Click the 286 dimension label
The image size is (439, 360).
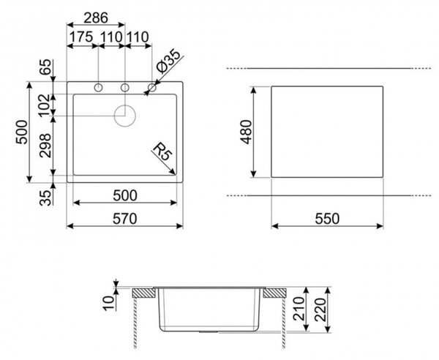point(96,18)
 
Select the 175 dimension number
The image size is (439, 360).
point(81,37)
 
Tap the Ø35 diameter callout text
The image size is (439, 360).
point(168,61)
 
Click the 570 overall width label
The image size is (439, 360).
point(125,219)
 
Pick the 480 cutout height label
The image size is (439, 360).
point(247,132)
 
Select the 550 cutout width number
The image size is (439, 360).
point(327,219)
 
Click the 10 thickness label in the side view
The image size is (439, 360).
point(109,304)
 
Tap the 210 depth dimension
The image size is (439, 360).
point(299,309)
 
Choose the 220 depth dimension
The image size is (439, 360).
point(320,310)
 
